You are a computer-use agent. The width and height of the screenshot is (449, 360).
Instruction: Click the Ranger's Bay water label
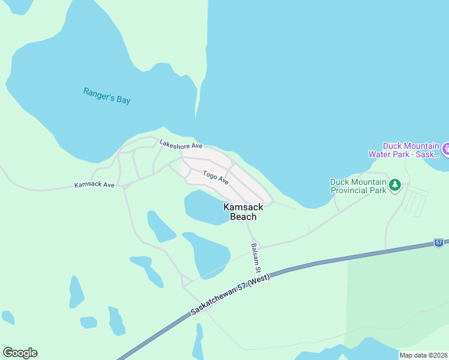click(106, 96)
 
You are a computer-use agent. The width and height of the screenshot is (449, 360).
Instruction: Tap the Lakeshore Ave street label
click(181, 145)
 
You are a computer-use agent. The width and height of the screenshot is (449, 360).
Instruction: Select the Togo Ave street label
click(215, 177)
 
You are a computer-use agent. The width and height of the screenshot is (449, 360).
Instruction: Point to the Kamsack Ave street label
click(94, 185)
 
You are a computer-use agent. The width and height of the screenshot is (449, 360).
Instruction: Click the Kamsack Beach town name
click(243, 211)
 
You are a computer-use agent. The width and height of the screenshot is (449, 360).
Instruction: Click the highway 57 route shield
click(439, 243)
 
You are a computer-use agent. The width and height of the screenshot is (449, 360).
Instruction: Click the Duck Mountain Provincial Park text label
click(358, 186)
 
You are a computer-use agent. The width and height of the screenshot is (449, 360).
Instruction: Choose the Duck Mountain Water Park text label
click(411, 149)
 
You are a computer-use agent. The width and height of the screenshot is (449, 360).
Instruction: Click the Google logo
click(20, 352)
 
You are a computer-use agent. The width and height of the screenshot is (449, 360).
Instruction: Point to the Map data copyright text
click(423, 355)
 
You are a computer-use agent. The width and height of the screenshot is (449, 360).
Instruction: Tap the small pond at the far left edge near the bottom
click(8, 317)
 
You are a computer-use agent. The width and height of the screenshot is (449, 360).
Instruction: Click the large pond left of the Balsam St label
click(207, 252)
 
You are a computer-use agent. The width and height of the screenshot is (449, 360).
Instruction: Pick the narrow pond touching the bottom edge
click(197, 345)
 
